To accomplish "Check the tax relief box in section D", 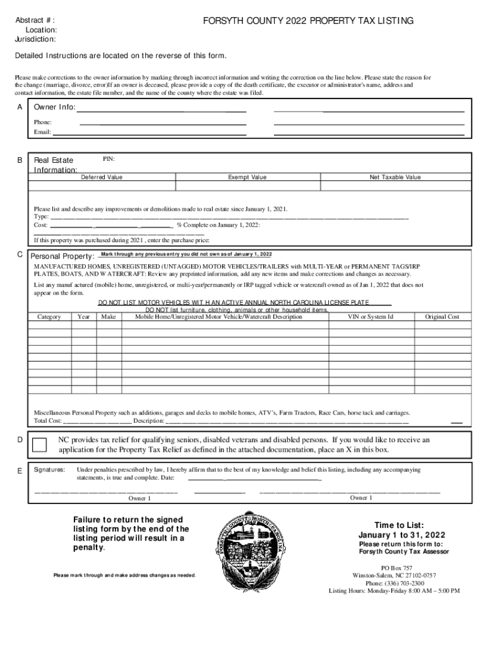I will pyautogui.click(x=39, y=445).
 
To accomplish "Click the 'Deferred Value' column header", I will pyautogui.click(x=102, y=177).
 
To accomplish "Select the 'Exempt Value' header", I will pyautogui.click(x=247, y=177).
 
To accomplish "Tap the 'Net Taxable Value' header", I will pyautogui.click(x=395, y=177).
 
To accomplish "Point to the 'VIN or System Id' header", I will pyautogui.click(x=370, y=317).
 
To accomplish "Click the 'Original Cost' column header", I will pyautogui.click(x=442, y=317).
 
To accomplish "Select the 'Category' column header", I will pyautogui.click(x=49, y=317).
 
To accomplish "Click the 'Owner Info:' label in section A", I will pyautogui.click(x=55, y=107).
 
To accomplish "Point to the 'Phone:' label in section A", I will pyautogui.click(x=43, y=122).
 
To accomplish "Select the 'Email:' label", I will pyautogui.click(x=42, y=132).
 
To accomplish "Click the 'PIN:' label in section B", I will pyautogui.click(x=109, y=159).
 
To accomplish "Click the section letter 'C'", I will pyautogui.click(x=20, y=254).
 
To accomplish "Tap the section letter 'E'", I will pyautogui.click(x=20, y=471).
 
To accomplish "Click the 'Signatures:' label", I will pyautogui.click(x=49, y=470).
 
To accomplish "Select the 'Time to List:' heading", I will pyautogui.click(x=394, y=526).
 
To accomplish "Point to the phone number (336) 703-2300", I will pyautogui.click(x=394, y=584).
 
